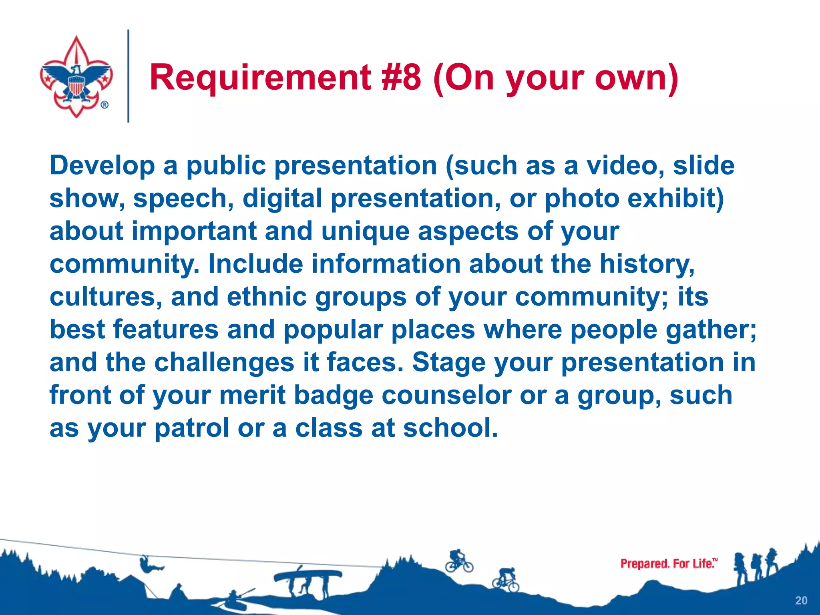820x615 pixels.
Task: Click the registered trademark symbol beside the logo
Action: [104, 105]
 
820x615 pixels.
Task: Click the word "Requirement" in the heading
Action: [260, 78]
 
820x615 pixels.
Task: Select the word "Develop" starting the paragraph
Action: [102, 166]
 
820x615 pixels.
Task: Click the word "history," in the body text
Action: [647, 264]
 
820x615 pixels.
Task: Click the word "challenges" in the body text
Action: [224, 363]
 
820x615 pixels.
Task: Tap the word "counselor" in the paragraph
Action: [446, 396]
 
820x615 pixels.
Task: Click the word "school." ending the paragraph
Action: [450, 428]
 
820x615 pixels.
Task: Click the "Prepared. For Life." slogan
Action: [668, 564]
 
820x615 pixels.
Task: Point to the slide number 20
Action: [801, 601]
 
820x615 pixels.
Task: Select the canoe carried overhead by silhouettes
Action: [308, 575]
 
